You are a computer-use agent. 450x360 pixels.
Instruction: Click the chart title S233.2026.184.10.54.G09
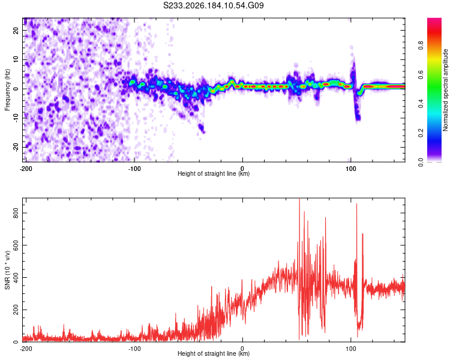[x=213, y=5]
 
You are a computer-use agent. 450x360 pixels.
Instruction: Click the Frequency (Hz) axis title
[x=7, y=90]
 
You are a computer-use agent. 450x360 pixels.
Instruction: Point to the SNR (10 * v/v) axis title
[x=7, y=270]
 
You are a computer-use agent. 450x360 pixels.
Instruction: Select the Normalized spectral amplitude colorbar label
[x=445, y=90]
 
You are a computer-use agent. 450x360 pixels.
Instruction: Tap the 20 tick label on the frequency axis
[x=16, y=31]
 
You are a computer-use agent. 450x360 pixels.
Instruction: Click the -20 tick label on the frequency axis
[x=16, y=148]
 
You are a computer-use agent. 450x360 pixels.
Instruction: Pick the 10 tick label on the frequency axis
[x=16, y=60]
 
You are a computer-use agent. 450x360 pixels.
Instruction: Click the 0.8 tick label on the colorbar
[x=421, y=46]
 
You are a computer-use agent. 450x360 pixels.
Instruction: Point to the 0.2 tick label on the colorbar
[x=421, y=133]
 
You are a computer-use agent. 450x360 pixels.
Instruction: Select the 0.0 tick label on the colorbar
[x=421, y=162]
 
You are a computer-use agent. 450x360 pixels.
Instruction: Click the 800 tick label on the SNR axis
[x=16, y=213]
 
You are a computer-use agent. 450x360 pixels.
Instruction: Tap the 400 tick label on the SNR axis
[x=16, y=278]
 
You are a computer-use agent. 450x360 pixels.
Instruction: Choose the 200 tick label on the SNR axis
[x=16, y=310]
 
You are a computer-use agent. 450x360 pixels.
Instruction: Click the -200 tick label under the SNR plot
[x=26, y=349]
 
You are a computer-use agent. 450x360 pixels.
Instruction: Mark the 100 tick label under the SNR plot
[x=351, y=349]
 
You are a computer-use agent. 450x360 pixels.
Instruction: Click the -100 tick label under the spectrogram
[x=134, y=169]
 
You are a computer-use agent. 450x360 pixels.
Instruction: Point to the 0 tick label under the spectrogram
[x=242, y=169]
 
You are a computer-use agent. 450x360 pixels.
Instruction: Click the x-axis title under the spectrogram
[x=214, y=173]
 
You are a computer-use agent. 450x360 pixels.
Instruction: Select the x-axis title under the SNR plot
[x=214, y=353]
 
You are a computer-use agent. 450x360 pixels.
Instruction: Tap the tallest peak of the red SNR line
[x=299, y=199]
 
